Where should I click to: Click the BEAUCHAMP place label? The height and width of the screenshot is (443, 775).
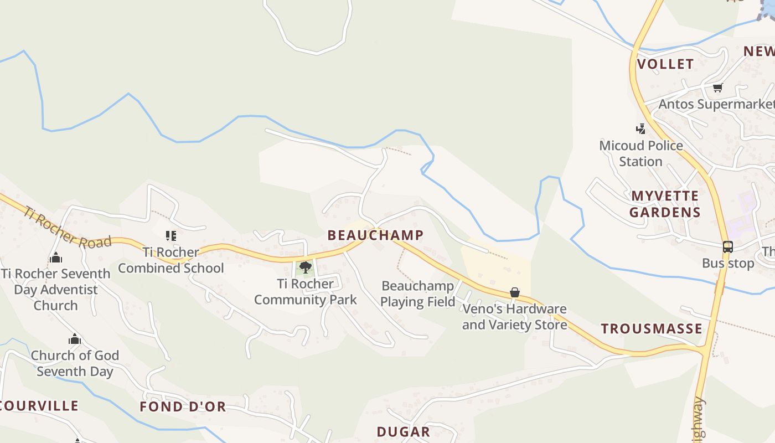click(x=375, y=235)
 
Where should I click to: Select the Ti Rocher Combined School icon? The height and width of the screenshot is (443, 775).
click(x=171, y=236)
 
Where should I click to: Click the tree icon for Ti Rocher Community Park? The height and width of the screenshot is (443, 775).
click(x=305, y=268)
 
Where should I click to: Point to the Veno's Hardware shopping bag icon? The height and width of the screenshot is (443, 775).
click(x=515, y=292)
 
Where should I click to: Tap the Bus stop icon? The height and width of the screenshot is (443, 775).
click(x=727, y=247)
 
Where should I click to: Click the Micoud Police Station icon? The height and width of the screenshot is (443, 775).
click(x=641, y=129)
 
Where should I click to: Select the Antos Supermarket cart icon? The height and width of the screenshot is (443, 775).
click(x=718, y=87)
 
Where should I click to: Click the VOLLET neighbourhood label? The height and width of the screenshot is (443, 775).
click(x=665, y=64)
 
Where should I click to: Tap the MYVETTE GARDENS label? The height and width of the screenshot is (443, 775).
click(x=665, y=204)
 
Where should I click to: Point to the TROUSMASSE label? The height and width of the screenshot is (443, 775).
click(x=652, y=329)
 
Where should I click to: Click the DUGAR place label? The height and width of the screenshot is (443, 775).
click(x=403, y=432)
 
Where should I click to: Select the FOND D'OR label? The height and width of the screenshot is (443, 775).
click(x=183, y=407)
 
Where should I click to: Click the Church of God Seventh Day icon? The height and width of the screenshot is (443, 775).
click(x=75, y=339)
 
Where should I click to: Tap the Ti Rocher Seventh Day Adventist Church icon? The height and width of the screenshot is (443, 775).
click(x=55, y=258)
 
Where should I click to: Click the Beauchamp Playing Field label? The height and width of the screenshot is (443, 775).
click(x=418, y=294)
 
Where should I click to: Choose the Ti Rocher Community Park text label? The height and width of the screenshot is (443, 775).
click(x=305, y=292)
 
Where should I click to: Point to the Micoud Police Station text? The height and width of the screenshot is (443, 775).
click(x=641, y=153)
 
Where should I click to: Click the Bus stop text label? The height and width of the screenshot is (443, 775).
click(x=727, y=264)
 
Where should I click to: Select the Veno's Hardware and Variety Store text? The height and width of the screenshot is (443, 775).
click(x=514, y=317)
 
